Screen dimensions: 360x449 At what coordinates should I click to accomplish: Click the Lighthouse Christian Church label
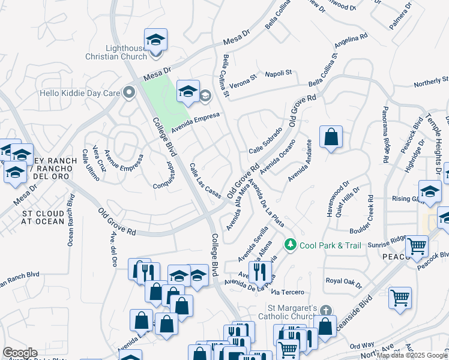click(126, 52)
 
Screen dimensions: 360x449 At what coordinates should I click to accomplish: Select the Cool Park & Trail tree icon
click(291, 244)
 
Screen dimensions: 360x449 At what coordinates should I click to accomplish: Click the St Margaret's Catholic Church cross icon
click(326, 310)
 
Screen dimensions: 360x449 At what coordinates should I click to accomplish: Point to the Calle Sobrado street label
click(265, 140)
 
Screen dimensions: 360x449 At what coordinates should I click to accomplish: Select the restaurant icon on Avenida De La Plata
click(260, 271)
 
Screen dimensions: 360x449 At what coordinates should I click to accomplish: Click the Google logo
click(20, 352)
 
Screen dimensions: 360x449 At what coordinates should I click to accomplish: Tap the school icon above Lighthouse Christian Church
click(156, 40)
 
